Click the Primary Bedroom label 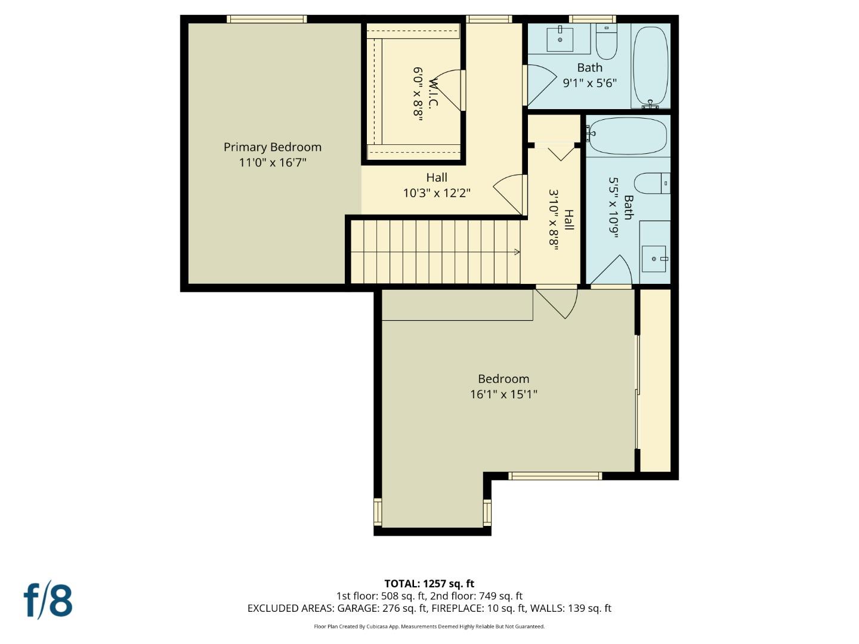point(273,147)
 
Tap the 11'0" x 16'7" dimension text point(273,162)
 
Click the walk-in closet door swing point(448,90)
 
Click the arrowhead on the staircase point(517,252)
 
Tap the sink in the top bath point(560,39)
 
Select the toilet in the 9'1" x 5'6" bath point(607,42)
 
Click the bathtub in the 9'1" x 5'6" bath point(650,66)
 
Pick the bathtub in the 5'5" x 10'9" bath point(628,136)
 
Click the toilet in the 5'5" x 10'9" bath point(652,183)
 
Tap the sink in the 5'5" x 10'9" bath point(654,259)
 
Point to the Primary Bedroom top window point(267,19)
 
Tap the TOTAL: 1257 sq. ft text point(429,584)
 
